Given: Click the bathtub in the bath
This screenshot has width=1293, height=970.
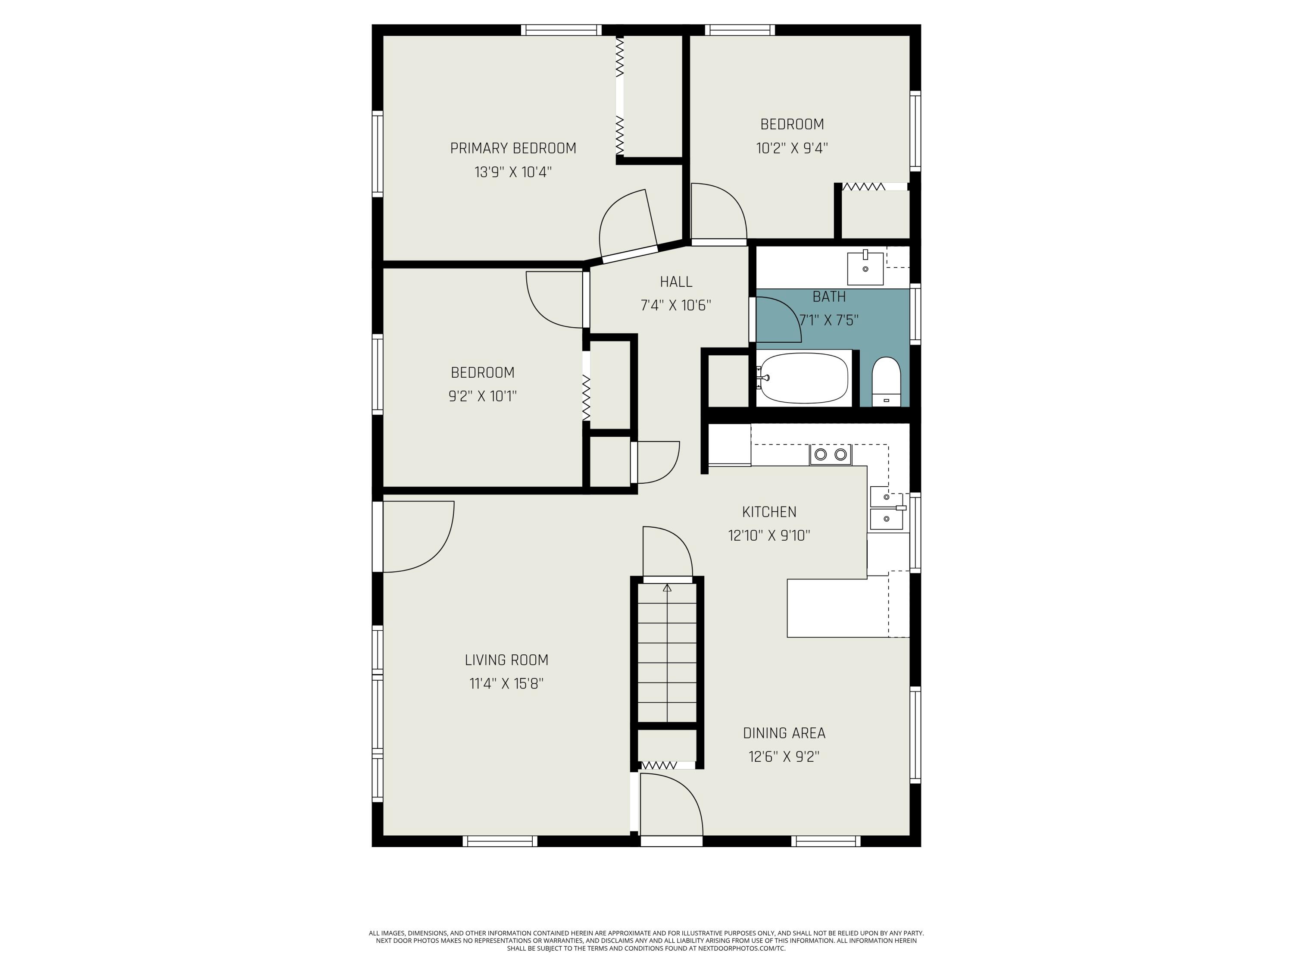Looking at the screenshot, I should click(x=804, y=378).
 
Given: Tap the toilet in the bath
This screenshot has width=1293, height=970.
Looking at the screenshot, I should click(x=886, y=381).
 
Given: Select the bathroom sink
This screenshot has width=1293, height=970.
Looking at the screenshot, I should click(x=865, y=269).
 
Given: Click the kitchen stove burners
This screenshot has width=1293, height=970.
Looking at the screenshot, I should click(x=830, y=454).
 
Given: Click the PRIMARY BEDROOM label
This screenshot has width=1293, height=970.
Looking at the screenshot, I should click(x=512, y=148).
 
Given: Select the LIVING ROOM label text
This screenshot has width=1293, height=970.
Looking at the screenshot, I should click(x=506, y=660).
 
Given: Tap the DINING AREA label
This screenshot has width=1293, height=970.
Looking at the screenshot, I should click(x=784, y=733).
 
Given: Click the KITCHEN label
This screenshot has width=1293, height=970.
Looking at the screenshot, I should click(x=768, y=512).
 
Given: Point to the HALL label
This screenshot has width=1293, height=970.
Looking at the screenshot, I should click(x=676, y=282).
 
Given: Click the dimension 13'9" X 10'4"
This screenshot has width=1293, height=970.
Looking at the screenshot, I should click(x=512, y=172).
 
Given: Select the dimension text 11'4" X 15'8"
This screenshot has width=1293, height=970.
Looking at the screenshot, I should click(x=506, y=683).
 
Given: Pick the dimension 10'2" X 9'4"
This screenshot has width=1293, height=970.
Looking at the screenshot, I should click(x=792, y=148).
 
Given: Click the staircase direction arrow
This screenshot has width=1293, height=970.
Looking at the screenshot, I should click(x=667, y=588).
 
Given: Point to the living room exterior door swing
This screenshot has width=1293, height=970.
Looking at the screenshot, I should click(x=418, y=536).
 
